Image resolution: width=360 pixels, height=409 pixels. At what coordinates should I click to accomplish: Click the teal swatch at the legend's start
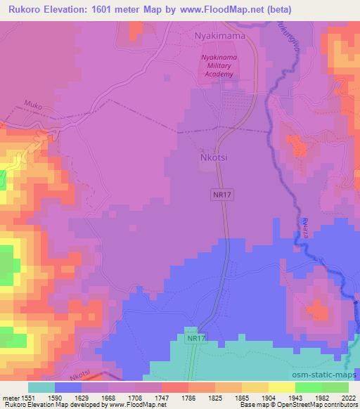click(41, 387)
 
